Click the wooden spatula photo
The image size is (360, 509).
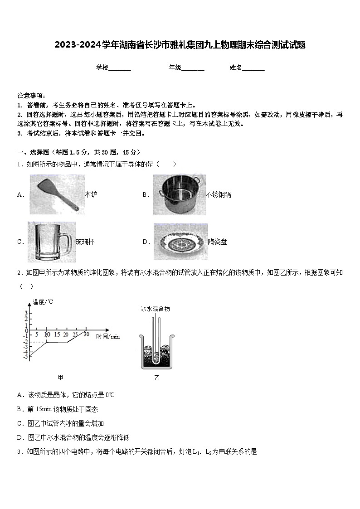coord(57,194)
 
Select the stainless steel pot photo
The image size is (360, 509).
coord(179,194)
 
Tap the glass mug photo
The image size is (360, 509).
coord(50,242)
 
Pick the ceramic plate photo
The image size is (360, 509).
coord(180,242)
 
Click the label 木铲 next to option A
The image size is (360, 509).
coord(91,194)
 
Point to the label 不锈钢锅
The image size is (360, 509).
coord(218,194)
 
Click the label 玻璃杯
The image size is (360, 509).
coord(85,242)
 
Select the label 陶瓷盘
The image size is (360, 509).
coord(217,242)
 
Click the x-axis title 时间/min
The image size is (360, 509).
coord(108,336)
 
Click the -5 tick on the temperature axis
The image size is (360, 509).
coord(25,357)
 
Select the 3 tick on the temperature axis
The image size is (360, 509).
coord(26,313)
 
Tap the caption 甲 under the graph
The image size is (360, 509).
coord(61,377)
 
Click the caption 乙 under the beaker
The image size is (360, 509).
coord(157,378)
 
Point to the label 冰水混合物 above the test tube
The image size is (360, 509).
coord(155,309)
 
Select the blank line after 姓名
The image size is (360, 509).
coord(253,68)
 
